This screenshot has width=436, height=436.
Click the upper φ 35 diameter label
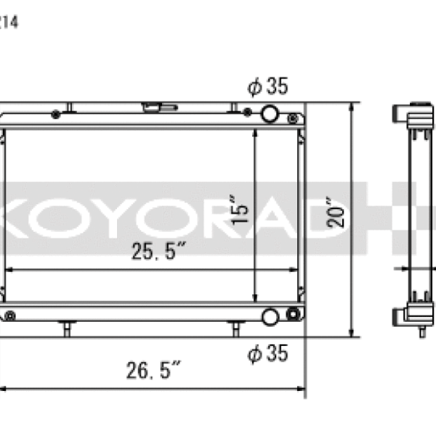(267, 87)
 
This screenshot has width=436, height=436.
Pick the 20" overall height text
(335, 212)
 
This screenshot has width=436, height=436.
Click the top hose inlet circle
(270, 113)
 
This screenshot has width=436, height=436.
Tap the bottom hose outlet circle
(270, 316)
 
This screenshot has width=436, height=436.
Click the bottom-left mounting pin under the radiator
(67, 329)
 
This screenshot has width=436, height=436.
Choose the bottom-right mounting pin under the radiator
(235, 329)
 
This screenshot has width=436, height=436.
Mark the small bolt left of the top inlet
(248, 113)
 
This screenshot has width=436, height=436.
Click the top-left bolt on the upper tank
(56, 113)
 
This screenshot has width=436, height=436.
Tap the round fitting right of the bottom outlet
(293, 315)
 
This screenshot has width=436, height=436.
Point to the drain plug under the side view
(422, 334)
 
